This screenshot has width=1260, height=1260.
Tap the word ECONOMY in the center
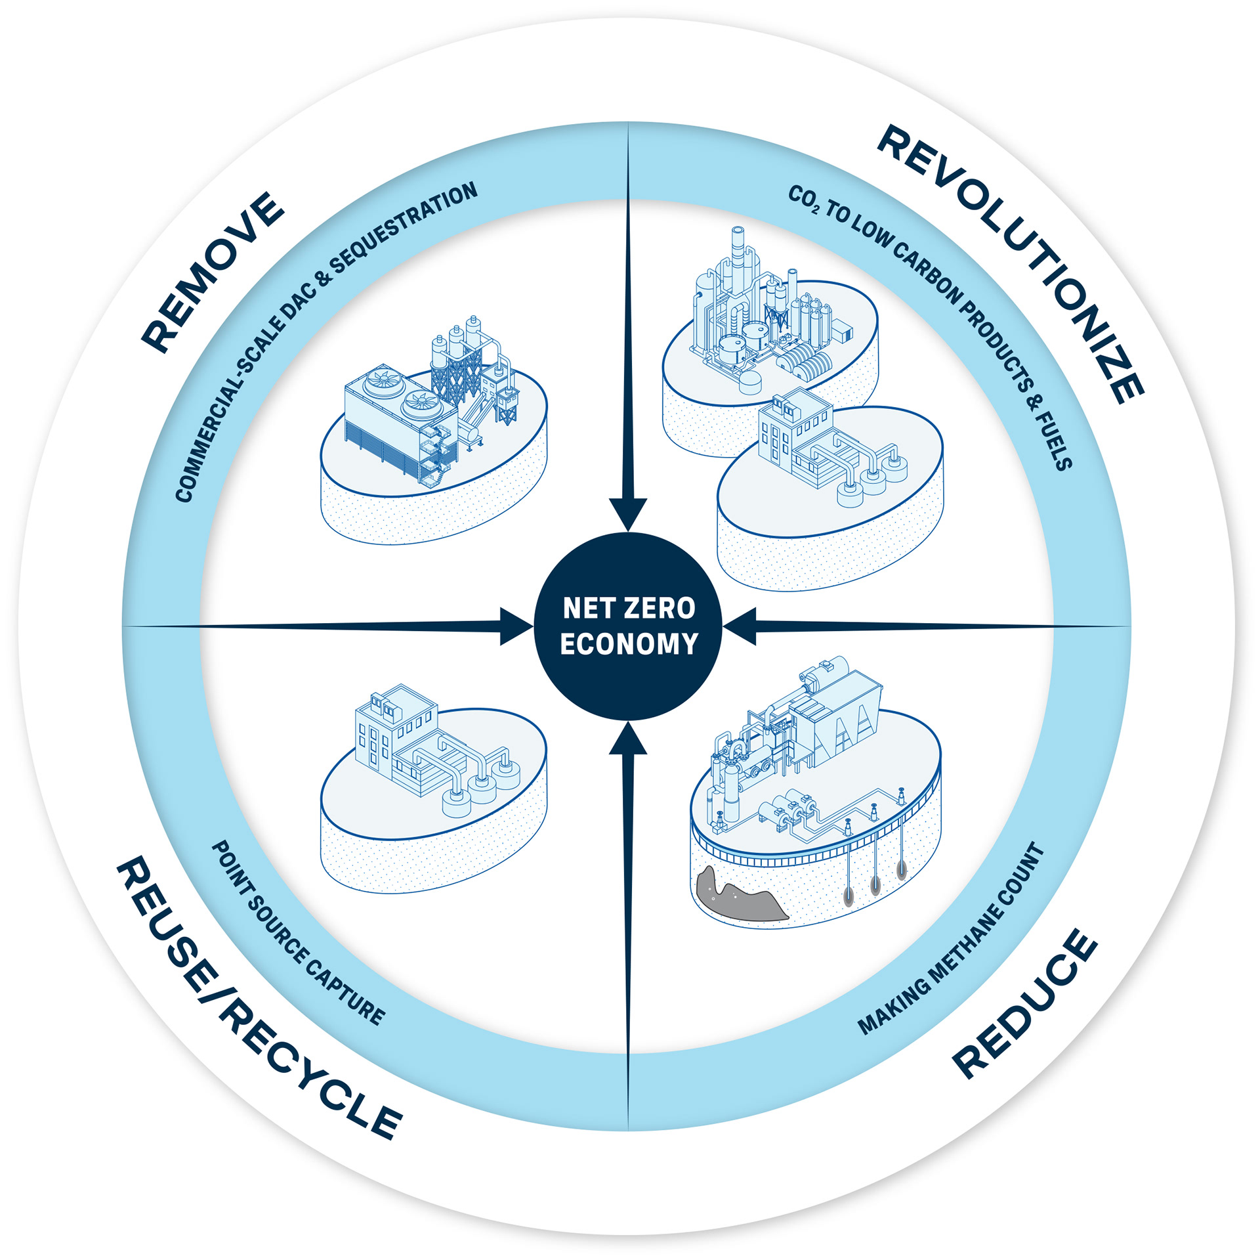(x=629, y=644)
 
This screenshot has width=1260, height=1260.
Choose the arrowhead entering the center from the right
(x=740, y=626)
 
